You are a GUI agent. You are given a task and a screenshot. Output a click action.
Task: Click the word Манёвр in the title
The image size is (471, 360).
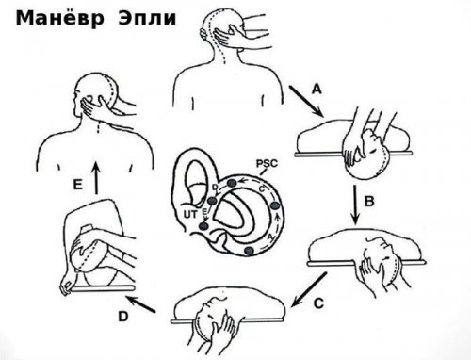(x=60, y=18)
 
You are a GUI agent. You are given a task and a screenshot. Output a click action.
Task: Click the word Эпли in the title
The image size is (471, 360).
(x=147, y=18)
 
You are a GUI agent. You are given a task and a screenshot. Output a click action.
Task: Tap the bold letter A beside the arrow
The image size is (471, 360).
(x=317, y=90)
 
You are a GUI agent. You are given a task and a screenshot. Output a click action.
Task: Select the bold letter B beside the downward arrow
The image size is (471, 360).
(x=369, y=201)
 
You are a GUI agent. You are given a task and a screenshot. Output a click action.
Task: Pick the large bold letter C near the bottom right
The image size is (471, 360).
(x=318, y=303)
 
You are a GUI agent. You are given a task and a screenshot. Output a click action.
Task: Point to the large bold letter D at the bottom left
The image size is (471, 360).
(x=123, y=317)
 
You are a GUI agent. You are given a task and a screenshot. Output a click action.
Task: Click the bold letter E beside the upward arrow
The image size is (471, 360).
(x=77, y=185)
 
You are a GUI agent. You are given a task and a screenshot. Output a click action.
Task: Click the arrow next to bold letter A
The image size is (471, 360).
(x=307, y=101)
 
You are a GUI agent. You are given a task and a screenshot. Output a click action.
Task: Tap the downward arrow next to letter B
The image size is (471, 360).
(x=355, y=205)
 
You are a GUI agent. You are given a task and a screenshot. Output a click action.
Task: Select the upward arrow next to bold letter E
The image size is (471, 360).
(x=96, y=178)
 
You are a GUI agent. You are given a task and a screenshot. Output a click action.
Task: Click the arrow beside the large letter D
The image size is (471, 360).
(x=140, y=303)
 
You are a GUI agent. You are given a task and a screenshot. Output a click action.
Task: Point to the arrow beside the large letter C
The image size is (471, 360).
(x=309, y=289)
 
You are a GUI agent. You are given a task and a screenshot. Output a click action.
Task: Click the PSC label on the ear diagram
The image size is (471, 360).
(x=267, y=164)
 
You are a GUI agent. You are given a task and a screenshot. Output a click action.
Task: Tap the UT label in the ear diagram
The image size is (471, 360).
(x=190, y=215)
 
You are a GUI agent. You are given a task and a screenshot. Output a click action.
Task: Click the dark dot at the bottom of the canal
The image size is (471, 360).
(x=249, y=251)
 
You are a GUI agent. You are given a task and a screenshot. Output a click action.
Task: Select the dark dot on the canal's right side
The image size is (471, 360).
(x=275, y=206)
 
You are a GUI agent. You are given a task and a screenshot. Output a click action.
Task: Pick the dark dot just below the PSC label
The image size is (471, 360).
(x=232, y=183)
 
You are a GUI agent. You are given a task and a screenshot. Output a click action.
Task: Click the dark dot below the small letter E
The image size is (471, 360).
(x=204, y=226)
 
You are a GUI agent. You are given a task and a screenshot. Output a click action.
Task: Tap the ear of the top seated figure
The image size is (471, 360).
(x=204, y=34)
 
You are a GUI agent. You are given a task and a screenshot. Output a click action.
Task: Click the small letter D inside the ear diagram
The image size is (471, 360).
(x=215, y=188)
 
